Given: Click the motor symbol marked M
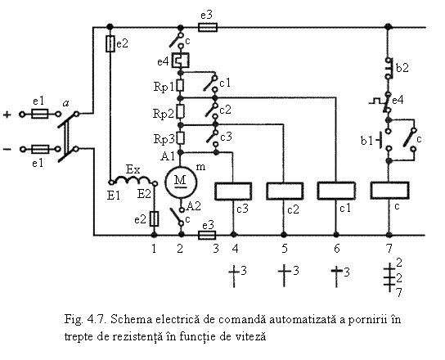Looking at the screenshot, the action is coord(181,182).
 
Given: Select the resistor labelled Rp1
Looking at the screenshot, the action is coord(180,85).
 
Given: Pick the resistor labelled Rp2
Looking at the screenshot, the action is coord(180,111).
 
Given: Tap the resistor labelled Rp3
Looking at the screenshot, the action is coord(181,138).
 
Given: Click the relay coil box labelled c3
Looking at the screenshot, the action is coord(233,191).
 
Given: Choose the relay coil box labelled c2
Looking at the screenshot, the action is coord(285,191).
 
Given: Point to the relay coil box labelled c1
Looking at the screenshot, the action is coord(336,191).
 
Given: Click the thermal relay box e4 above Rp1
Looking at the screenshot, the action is coord(180,61).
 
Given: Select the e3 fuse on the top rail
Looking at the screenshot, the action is coord(208,28).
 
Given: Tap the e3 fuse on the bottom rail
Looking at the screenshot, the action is coord(207,235).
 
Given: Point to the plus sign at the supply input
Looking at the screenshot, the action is coord(7,115).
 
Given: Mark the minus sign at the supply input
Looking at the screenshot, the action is coord(7,150).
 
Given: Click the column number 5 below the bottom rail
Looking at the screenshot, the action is coord(285,249).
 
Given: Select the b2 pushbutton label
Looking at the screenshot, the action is coord(402,68).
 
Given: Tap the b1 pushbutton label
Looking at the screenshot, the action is coord(366,141).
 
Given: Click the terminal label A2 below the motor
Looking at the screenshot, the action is coord(194,206).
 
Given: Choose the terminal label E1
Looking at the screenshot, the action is coord(114,196).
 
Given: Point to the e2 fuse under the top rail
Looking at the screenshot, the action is coord(110,44).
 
